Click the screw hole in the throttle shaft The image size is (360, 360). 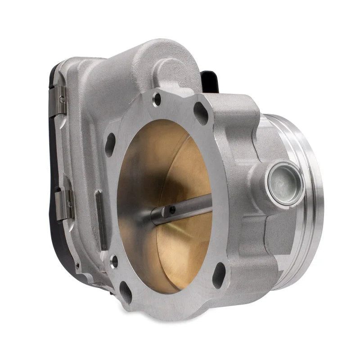coord(172,209)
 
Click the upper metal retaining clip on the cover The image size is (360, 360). coord(62,98)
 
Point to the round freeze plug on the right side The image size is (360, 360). coord(283,180)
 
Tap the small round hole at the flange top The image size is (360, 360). coord(157,99)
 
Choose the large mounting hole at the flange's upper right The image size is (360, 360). coord(201,113)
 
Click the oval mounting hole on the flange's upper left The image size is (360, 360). coord(110,144)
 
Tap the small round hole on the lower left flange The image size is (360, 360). coord(114,261)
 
